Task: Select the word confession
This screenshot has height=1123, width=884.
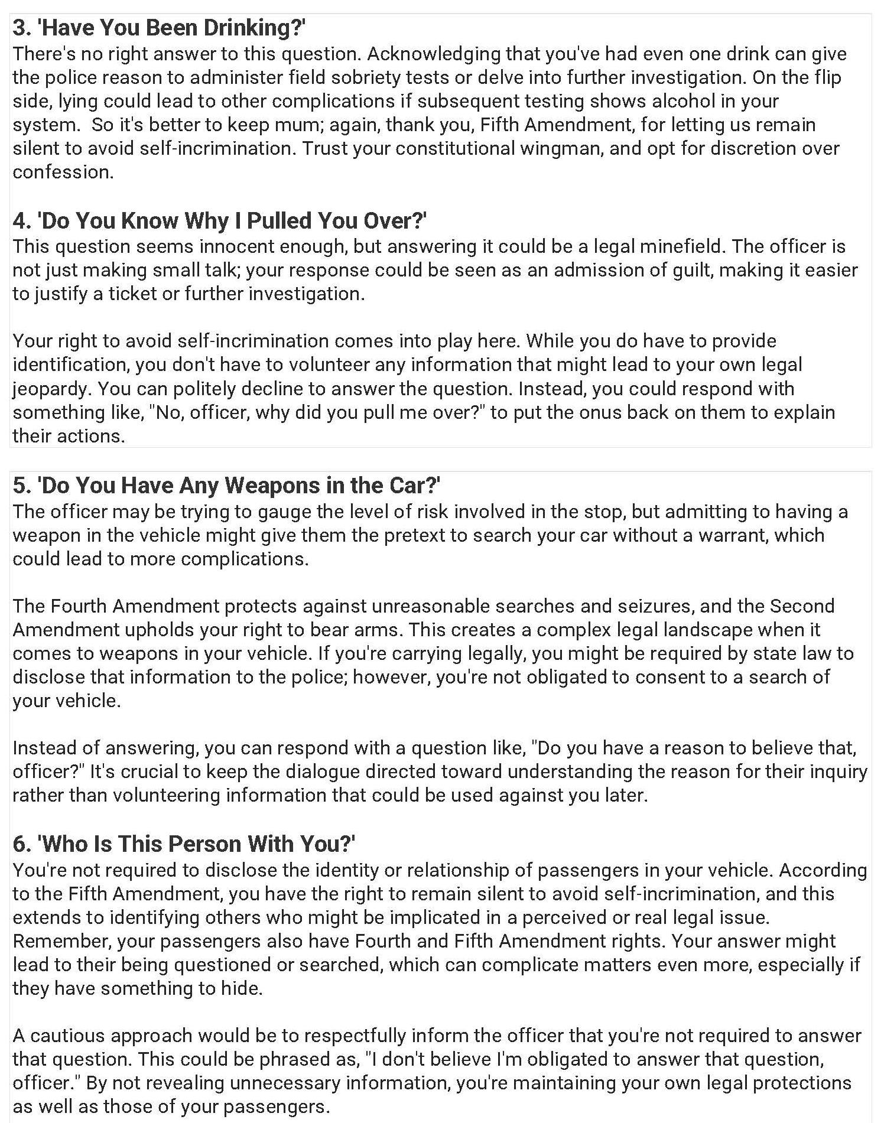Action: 63,172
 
